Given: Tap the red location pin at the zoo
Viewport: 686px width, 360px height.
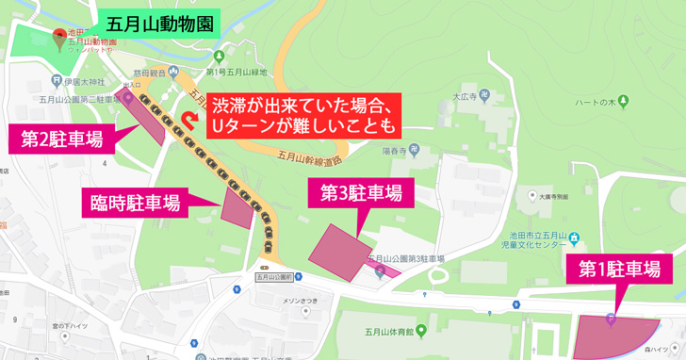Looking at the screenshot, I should point(61,38).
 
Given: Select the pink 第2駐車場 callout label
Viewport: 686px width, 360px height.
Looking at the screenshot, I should point(62,139).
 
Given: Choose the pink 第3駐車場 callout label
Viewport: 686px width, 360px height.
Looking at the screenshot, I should point(361,193).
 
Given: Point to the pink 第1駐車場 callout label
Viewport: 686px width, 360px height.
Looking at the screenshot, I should point(618,270).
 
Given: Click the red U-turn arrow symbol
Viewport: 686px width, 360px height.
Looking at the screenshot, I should point(191,123).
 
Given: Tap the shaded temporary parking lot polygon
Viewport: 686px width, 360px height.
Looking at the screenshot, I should point(237,206).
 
